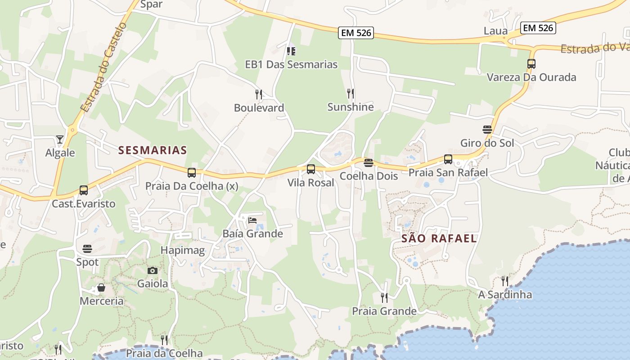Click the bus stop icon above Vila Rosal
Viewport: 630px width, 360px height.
311,169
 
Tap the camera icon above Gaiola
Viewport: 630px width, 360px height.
153,270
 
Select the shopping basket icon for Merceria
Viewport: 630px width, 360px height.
101,288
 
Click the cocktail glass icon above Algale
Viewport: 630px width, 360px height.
60,139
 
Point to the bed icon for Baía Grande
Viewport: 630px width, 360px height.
252,220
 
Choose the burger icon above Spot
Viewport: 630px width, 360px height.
87,248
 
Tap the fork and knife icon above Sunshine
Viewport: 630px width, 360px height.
351,94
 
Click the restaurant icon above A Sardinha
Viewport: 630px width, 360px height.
505,281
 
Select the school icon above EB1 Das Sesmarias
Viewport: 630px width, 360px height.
291,51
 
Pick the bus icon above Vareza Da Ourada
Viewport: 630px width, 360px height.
531,64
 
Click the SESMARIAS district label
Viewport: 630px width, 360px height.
153,150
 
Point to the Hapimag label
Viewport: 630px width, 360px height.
183,250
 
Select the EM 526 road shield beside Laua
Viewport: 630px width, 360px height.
538,28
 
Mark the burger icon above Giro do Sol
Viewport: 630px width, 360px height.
487,130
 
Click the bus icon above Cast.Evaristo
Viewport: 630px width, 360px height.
84,190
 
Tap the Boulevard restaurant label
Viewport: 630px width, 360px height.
259,108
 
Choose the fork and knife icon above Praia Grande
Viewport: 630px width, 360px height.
384,297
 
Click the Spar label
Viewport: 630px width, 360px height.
151,4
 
